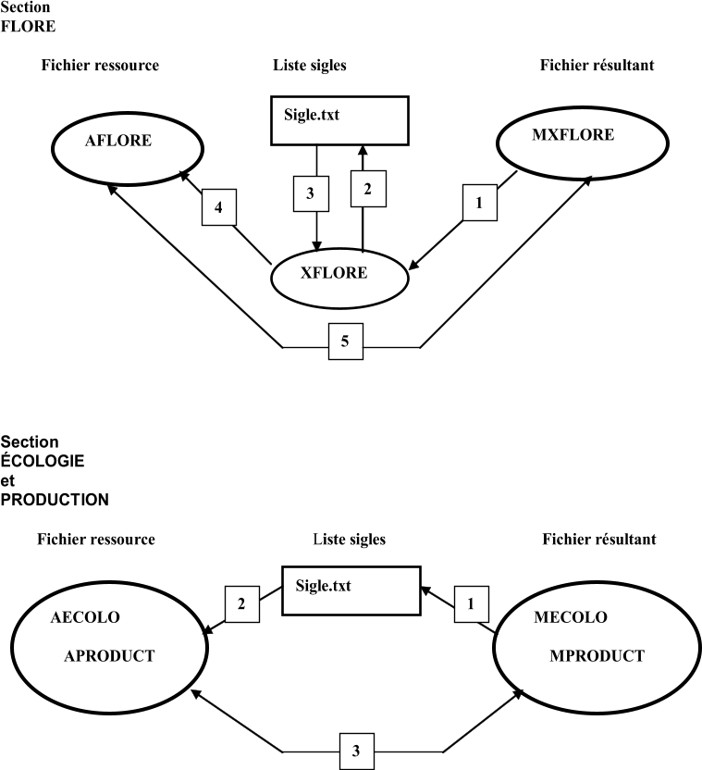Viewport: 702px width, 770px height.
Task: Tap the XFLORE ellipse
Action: [x=339, y=277]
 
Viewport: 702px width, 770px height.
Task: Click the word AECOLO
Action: [x=85, y=617]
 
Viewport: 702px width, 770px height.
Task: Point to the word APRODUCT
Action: [x=109, y=656]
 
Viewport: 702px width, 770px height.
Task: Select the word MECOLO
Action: [x=570, y=617]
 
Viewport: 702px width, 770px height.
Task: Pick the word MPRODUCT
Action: [x=597, y=656]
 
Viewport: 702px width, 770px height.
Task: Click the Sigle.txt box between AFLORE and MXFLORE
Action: [x=339, y=121]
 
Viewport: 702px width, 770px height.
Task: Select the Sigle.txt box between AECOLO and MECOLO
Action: [x=351, y=590]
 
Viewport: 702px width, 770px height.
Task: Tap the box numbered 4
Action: [x=219, y=207]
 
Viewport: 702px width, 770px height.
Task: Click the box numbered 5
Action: [x=345, y=342]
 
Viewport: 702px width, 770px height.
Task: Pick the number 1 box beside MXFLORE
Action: [x=479, y=203]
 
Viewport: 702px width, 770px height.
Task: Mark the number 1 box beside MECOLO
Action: [x=471, y=605]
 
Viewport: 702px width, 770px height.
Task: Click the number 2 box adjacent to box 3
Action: [x=368, y=189]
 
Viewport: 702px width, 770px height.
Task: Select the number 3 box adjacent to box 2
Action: [x=311, y=193]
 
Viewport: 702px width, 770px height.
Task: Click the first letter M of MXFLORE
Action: [x=538, y=135]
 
